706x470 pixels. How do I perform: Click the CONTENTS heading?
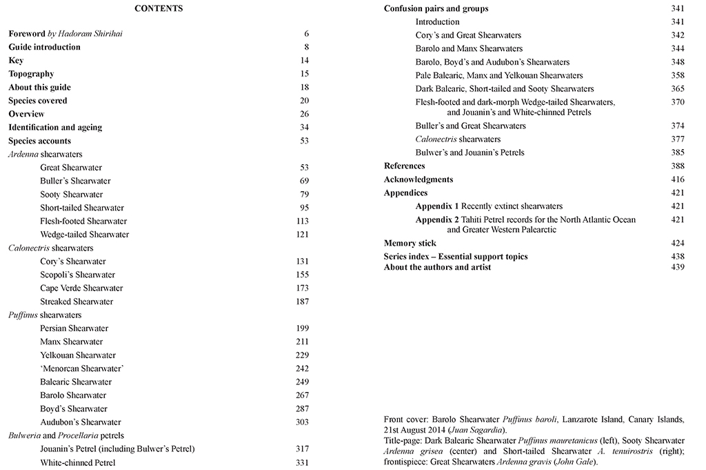(159, 9)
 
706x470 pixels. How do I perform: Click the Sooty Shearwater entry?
(72, 195)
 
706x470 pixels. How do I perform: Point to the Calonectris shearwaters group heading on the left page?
(51, 248)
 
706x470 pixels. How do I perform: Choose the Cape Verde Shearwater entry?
(81, 288)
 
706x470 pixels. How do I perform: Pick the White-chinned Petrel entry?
(78, 462)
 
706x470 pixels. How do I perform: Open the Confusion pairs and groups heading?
(436, 9)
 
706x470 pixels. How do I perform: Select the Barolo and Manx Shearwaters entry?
(469, 49)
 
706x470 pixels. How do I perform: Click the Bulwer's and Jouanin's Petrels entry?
(470, 153)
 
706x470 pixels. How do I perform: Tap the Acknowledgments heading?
(418, 179)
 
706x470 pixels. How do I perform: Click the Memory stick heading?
(410, 244)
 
